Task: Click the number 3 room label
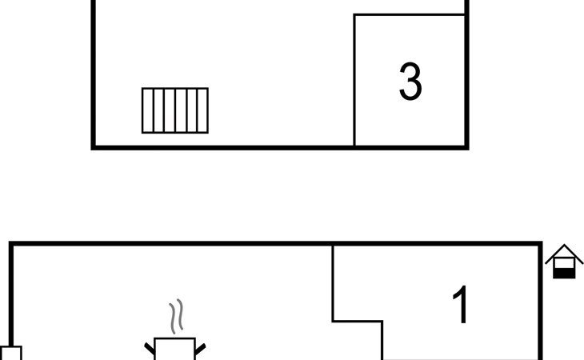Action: [410, 81]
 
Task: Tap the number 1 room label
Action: [461, 305]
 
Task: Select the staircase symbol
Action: [175, 110]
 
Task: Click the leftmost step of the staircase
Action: [147, 110]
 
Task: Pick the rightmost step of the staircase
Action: [202, 110]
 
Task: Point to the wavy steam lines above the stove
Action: [177, 316]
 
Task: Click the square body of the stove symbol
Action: [174, 349]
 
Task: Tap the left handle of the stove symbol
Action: [150, 349]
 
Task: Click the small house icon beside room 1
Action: [564, 262]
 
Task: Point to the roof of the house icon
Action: [564, 252]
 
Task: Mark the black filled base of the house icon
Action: [564, 273]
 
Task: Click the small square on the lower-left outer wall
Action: [11, 353]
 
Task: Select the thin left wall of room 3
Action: [354, 80]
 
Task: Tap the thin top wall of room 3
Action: [410, 15]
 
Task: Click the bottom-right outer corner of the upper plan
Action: [469, 150]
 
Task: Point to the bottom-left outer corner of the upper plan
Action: [91, 150]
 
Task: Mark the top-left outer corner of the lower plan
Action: [9, 242]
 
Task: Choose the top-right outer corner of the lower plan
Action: [542, 242]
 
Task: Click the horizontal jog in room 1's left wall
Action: [358, 321]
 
